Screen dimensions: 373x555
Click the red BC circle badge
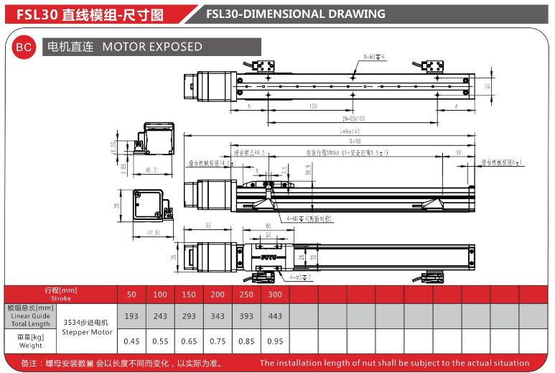tap(24, 47)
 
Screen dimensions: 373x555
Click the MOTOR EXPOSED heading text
tap(152, 47)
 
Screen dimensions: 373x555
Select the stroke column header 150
tap(189, 295)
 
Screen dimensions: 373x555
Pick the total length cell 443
tap(275, 316)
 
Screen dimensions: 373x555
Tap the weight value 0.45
tap(131, 341)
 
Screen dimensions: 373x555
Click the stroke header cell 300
tap(275, 295)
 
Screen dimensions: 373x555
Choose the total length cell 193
tap(131, 316)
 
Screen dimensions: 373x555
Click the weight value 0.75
tap(218, 341)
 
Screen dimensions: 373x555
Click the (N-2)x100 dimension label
tap(353, 119)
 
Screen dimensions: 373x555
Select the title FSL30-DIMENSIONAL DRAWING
tap(295, 14)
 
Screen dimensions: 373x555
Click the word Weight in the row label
tap(30, 346)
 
